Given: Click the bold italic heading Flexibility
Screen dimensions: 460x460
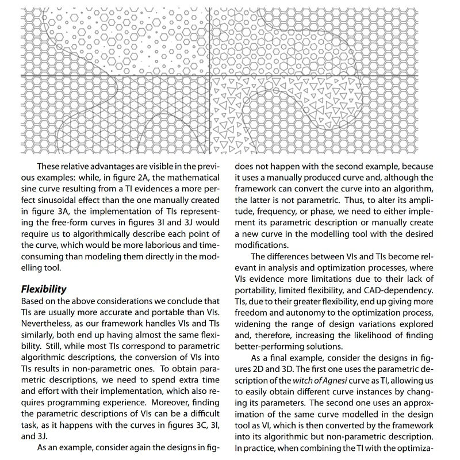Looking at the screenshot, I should pos(44,289).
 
